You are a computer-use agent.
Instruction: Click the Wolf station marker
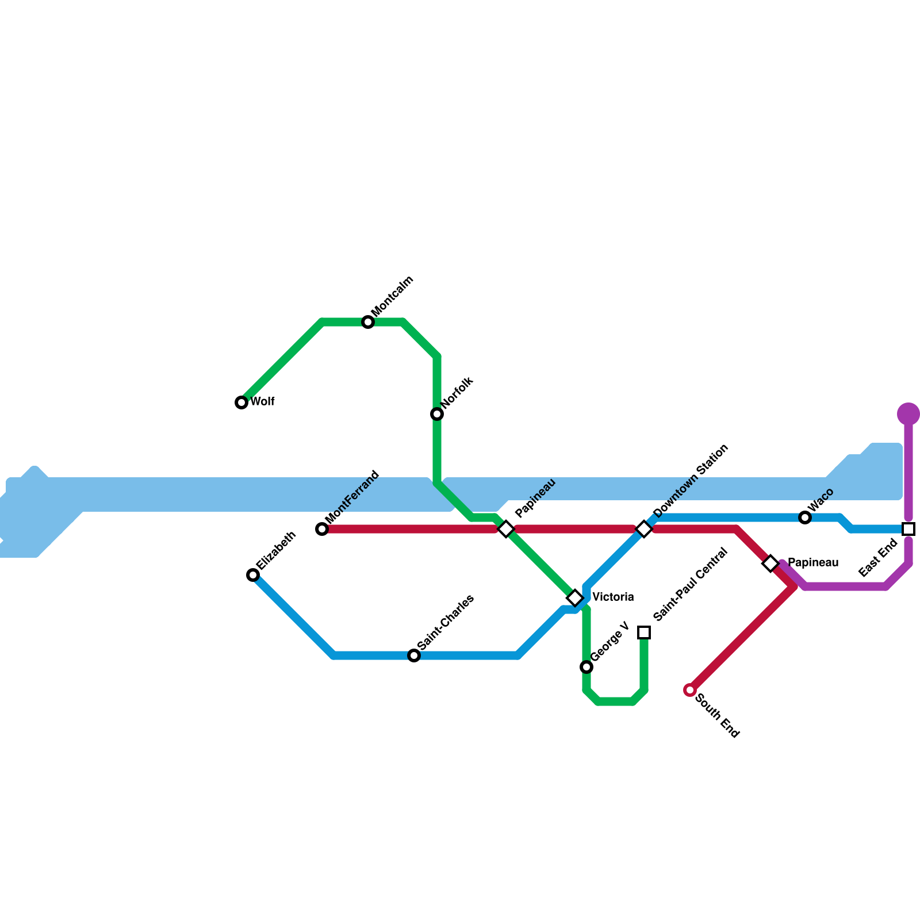point(241,402)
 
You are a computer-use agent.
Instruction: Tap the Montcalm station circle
point(368,322)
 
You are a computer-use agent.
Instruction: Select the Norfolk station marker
point(437,414)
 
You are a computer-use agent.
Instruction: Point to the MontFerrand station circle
point(322,529)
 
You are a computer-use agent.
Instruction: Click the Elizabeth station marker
point(253,575)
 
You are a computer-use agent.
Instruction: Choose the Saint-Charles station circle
point(414,655)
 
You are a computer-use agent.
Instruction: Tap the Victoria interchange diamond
point(575,598)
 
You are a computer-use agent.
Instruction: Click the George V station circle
point(586,667)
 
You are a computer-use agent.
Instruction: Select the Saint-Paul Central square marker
point(644,632)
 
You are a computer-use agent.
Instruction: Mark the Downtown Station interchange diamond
point(644,529)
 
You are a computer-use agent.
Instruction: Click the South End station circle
point(690,690)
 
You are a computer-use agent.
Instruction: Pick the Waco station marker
point(805,517)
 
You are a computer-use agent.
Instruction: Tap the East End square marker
point(908,529)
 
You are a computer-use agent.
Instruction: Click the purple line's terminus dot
point(908,413)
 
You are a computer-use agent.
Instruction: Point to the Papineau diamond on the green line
point(506,529)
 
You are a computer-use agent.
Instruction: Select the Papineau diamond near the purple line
point(770,563)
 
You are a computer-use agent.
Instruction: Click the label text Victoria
point(613,597)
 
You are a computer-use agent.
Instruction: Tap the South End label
point(717,716)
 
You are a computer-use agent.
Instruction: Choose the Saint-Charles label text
point(446,622)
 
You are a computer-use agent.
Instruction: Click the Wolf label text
point(262,401)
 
